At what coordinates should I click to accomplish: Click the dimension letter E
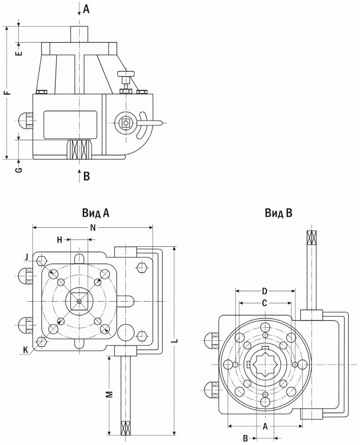point(19,53)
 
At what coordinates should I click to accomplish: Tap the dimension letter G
point(19,170)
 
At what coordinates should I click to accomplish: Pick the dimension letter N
point(93,227)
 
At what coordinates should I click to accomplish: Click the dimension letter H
point(60,239)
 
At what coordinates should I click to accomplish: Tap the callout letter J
point(27,256)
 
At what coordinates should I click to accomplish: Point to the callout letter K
point(25,350)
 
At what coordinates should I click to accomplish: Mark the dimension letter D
point(265,291)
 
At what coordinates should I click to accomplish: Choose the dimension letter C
point(265,302)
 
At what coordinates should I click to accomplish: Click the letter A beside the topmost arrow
point(86,9)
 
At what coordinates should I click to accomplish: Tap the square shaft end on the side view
point(126,122)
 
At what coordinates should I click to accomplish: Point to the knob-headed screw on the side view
point(126,75)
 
